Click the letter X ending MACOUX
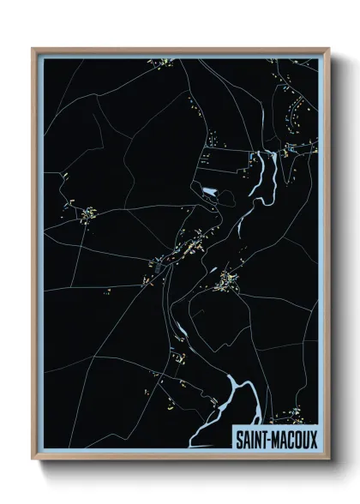[x=311, y=439]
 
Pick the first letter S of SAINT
[x=240, y=439]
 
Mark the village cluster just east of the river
[x=227, y=279]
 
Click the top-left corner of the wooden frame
[x=33, y=49]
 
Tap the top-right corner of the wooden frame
[x=328, y=49]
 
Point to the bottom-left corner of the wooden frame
[x=33, y=459]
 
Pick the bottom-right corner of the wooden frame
[x=328, y=459]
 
